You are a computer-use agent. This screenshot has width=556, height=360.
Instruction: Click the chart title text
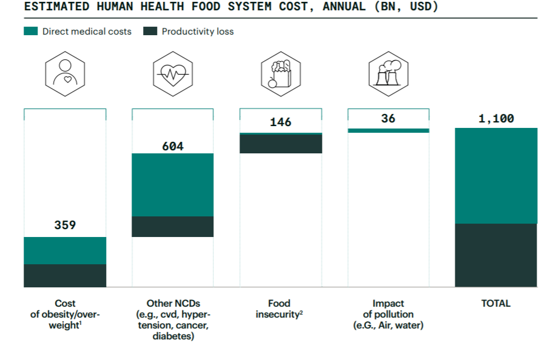click(x=231, y=7)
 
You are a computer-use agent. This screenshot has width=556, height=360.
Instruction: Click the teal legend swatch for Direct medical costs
click(x=30, y=31)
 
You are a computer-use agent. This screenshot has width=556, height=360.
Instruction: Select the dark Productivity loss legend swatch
click(x=150, y=31)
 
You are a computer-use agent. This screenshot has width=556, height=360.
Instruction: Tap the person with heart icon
click(x=65, y=72)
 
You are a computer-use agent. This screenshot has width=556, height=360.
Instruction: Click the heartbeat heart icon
click(x=173, y=72)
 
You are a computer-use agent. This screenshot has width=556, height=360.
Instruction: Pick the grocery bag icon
click(x=281, y=72)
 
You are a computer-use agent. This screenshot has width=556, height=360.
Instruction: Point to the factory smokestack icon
click(x=388, y=72)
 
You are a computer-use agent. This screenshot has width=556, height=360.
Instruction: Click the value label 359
click(x=65, y=225)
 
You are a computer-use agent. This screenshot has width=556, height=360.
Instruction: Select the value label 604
click(x=173, y=146)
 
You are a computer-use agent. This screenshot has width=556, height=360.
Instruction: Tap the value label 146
click(x=281, y=122)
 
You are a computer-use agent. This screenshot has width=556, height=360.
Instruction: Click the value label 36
click(x=388, y=118)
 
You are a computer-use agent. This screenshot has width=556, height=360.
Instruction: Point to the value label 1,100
click(x=496, y=118)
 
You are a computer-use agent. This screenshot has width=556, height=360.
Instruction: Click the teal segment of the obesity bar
click(x=65, y=250)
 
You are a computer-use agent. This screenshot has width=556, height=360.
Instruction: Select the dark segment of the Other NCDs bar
click(x=173, y=227)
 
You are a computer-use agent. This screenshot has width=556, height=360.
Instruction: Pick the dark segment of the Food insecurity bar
click(x=281, y=144)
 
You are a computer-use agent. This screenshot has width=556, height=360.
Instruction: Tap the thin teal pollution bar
click(x=388, y=130)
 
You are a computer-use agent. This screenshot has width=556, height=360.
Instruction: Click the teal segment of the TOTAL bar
click(x=496, y=176)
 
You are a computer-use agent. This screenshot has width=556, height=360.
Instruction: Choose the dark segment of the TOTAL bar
click(x=496, y=255)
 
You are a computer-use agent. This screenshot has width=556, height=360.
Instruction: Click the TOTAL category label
click(x=496, y=303)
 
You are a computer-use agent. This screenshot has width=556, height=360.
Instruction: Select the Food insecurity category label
click(x=280, y=308)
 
